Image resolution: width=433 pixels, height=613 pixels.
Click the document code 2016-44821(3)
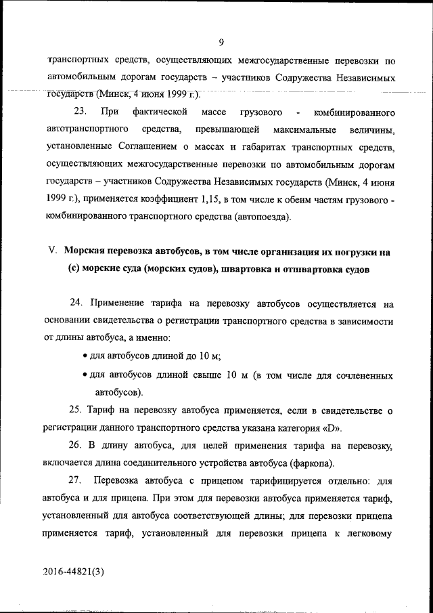pyautogui.click(x=74, y=571)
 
